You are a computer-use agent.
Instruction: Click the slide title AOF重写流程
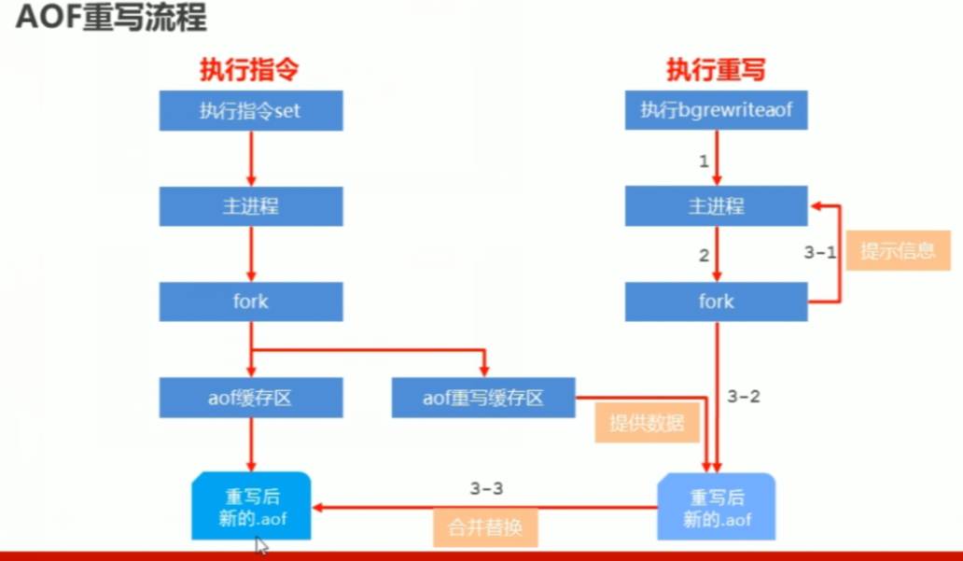click(x=111, y=20)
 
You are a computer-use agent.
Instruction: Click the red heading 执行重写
click(x=716, y=70)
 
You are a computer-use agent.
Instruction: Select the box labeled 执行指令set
click(x=250, y=111)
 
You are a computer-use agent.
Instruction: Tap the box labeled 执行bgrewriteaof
click(x=716, y=111)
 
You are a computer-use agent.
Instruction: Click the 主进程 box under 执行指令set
click(x=250, y=206)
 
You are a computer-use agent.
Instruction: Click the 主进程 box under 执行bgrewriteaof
click(x=716, y=206)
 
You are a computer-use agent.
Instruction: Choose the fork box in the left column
click(x=250, y=302)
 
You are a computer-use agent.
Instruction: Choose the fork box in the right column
click(x=716, y=302)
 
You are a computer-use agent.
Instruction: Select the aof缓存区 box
click(x=250, y=398)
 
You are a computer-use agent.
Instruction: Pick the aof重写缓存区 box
click(x=483, y=398)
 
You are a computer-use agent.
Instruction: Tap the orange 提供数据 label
click(x=647, y=423)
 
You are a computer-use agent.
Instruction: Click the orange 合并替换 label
click(x=485, y=526)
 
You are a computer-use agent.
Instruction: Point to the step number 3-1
click(x=820, y=252)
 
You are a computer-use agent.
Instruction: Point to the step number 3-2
click(x=744, y=397)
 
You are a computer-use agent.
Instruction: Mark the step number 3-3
click(x=486, y=488)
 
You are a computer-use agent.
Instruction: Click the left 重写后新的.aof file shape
click(x=251, y=507)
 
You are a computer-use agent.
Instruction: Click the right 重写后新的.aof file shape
click(x=716, y=507)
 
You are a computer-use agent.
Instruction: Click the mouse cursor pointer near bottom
click(x=262, y=547)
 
